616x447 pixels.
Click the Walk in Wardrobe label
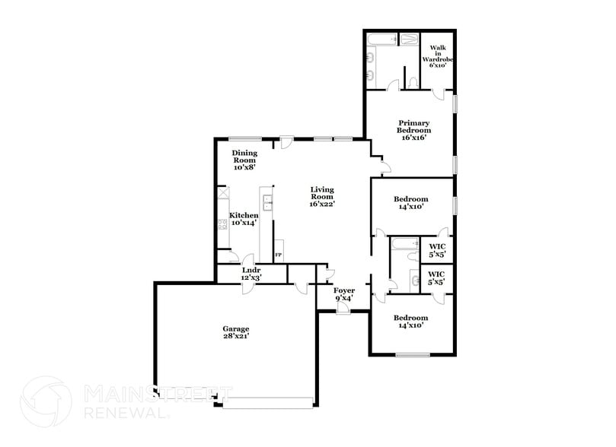[x=437, y=56]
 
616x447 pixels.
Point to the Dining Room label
[x=244, y=160]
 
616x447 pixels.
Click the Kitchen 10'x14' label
[x=244, y=220]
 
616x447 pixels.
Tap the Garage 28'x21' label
[x=235, y=332]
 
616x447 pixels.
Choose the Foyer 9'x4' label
[x=345, y=294]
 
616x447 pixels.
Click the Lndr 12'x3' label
[x=251, y=274]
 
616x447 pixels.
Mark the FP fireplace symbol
[x=278, y=254]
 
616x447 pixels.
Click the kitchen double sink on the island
[x=268, y=202]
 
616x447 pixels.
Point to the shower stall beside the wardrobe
[x=410, y=39]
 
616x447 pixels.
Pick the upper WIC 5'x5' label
[x=437, y=250]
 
